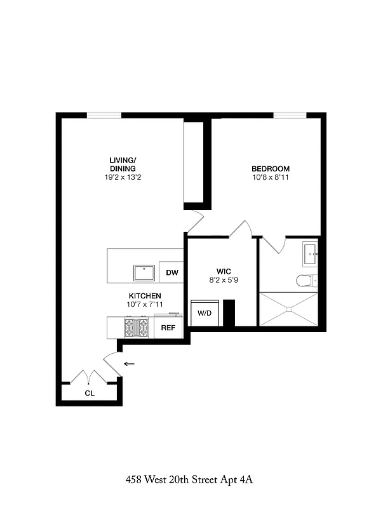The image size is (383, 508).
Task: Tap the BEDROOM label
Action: click(x=271, y=168)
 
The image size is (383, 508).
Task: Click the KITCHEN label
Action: click(x=145, y=296)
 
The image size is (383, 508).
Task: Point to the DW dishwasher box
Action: click(x=171, y=272)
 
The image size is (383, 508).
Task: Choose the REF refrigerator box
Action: click(x=168, y=328)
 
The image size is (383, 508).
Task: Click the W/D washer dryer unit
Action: click(x=205, y=313)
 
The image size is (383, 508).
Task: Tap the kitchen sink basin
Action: click(x=145, y=273)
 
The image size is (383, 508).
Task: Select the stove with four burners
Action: click(x=135, y=328)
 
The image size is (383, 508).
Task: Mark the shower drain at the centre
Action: click(x=289, y=310)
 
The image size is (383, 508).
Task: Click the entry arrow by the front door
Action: click(x=130, y=364)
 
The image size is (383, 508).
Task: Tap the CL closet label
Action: click(x=90, y=393)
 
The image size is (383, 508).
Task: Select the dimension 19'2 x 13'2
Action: click(x=122, y=177)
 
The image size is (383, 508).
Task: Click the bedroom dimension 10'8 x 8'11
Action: click(x=271, y=177)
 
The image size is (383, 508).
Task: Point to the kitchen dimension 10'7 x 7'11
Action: click(x=145, y=304)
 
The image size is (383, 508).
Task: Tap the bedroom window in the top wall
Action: click(x=292, y=115)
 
